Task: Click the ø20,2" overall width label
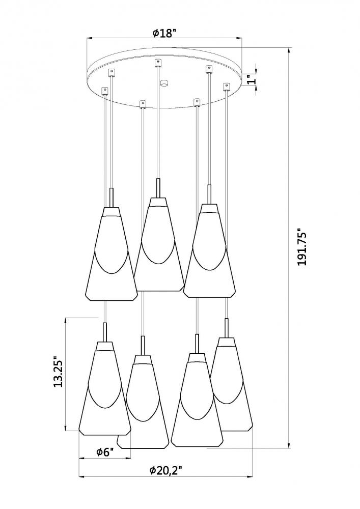(x=165, y=471)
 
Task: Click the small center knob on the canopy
(x=163, y=82)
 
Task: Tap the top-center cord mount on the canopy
(x=157, y=63)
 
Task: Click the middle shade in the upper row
(x=158, y=244)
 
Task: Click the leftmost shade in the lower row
(x=104, y=392)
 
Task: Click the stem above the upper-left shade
(x=112, y=197)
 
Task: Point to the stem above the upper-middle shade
(x=159, y=186)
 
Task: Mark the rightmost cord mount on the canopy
(x=227, y=87)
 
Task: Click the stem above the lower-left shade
(x=105, y=332)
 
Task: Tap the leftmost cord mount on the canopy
(x=105, y=91)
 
